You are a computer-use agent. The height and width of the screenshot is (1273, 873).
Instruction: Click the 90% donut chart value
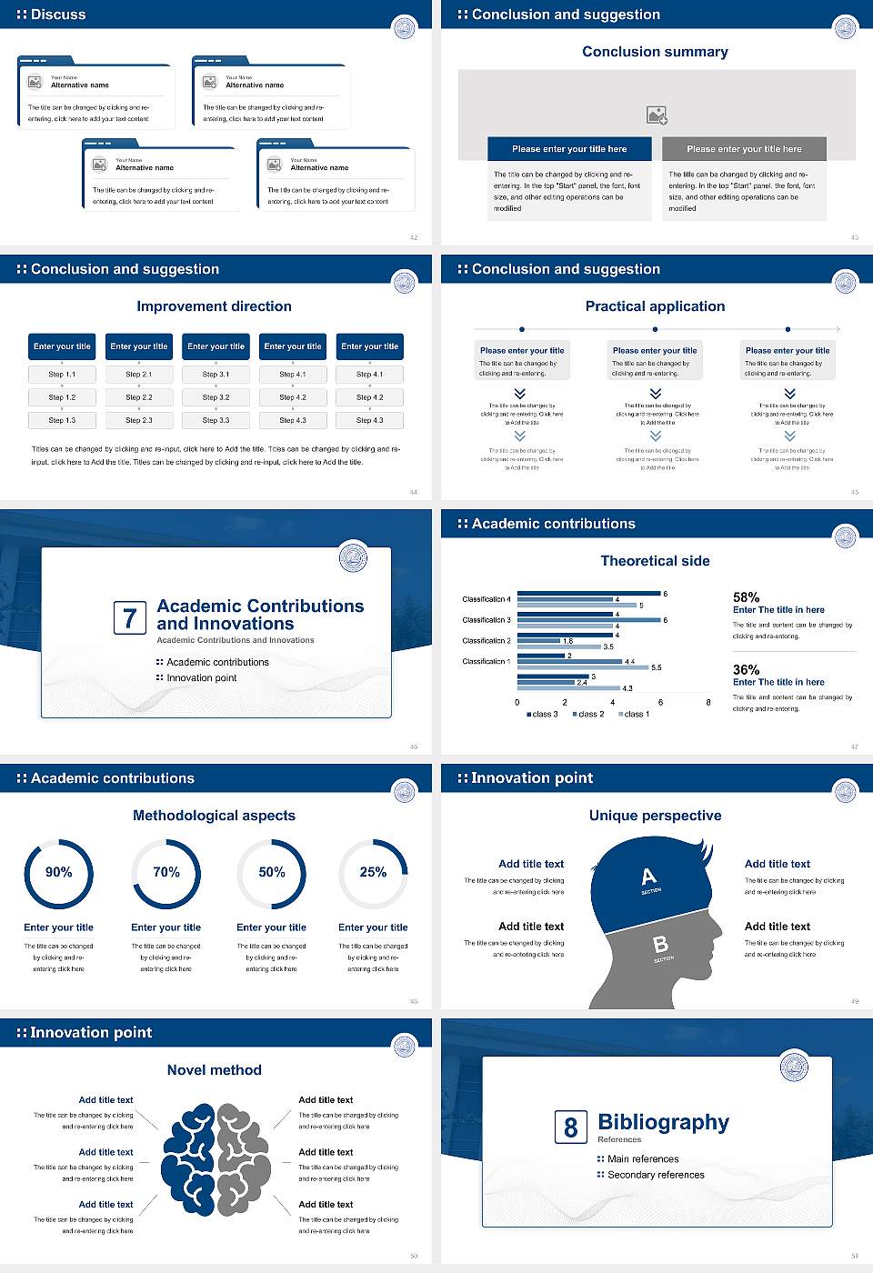tap(58, 872)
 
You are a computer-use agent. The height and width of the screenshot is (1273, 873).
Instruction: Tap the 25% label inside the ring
tap(373, 872)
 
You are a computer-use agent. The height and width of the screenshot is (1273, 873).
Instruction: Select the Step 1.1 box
tap(62, 375)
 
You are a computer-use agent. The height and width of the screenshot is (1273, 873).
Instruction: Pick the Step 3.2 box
tap(216, 397)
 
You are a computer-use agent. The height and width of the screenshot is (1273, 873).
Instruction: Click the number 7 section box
tap(129, 618)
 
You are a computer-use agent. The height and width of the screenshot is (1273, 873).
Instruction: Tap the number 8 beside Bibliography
tap(570, 1128)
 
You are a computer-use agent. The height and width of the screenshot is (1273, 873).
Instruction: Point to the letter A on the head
tap(648, 877)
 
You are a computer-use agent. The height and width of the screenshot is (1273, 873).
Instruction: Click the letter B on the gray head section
tap(661, 945)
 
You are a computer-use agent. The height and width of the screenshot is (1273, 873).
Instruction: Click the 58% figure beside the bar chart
tap(746, 597)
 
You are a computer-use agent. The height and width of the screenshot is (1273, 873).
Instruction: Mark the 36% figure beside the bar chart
tap(746, 669)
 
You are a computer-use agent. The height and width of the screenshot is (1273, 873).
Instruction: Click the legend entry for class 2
tap(588, 715)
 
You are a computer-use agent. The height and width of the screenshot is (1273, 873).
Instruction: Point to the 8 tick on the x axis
tap(708, 702)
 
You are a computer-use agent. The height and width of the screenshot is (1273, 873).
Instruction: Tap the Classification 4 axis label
tap(487, 599)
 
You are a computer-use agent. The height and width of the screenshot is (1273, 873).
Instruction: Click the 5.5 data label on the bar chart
tap(657, 667)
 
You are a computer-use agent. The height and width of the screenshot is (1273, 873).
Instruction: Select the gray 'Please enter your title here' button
tap(744, 149)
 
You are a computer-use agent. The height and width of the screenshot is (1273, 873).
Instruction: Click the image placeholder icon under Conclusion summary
tap(657, 115)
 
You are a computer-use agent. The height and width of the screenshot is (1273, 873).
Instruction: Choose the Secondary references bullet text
tap(656, 1175)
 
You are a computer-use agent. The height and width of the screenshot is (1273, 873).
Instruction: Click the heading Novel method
tap(214, 1070)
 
